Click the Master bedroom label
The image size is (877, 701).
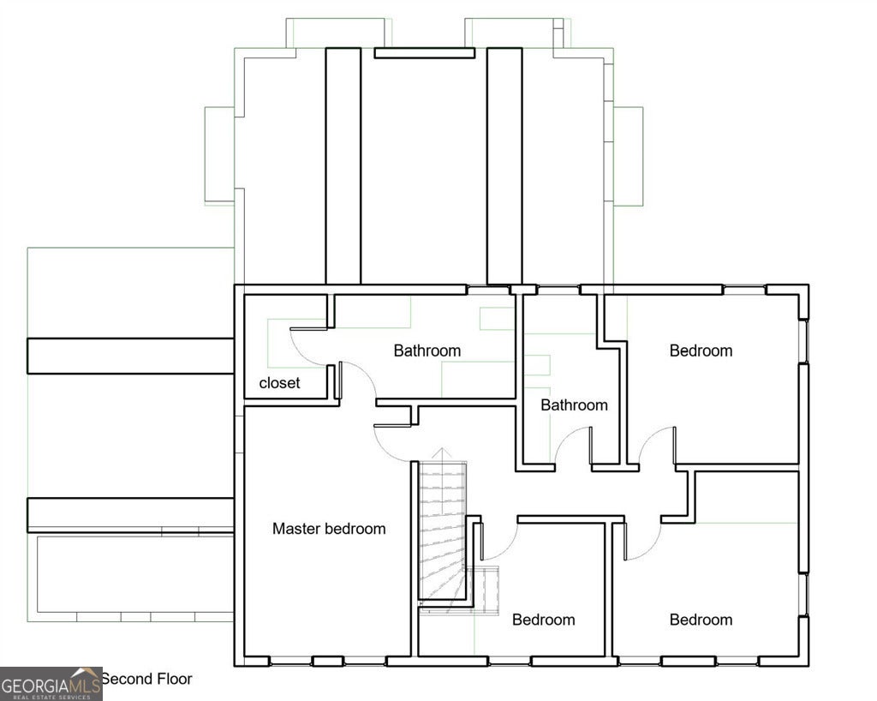329,529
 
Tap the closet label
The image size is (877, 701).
280,383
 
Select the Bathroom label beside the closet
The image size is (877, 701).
427,350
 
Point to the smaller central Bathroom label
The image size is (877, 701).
574,405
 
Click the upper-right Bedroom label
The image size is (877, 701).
701,350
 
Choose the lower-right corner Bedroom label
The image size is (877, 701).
701,620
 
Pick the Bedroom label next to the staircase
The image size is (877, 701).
544,620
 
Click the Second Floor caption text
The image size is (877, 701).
147,680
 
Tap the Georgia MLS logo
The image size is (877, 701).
51,684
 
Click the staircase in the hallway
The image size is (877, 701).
443,530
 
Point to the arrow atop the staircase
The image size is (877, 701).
442,453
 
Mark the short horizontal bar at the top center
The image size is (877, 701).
425,53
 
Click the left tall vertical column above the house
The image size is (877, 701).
343,166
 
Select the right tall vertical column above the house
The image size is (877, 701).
504,166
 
